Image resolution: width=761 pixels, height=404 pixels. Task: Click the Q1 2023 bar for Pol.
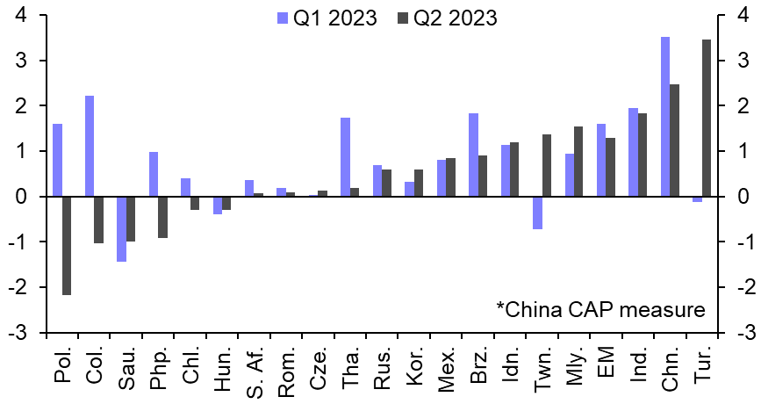tap(57, 160)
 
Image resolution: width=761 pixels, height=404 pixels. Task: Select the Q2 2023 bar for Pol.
tap(67, 245)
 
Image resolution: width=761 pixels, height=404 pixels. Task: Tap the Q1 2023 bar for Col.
tap(90, 146)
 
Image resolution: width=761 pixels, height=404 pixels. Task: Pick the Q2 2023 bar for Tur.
tap(707, 118)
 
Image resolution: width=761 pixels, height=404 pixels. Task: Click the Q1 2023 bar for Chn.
tap(664, 117)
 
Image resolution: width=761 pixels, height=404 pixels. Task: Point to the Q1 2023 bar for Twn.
tap(537, 213)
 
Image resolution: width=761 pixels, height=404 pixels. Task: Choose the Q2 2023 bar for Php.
tap(162, 217)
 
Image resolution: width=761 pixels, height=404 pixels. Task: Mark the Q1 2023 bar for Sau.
tap(121, 228)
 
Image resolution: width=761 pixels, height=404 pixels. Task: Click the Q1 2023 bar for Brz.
tap(473, 155)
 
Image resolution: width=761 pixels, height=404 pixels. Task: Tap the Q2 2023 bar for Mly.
tap(578, 162)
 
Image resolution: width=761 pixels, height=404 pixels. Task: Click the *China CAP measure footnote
tap(599, 309)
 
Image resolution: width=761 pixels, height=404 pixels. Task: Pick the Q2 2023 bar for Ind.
tap(643, 155)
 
